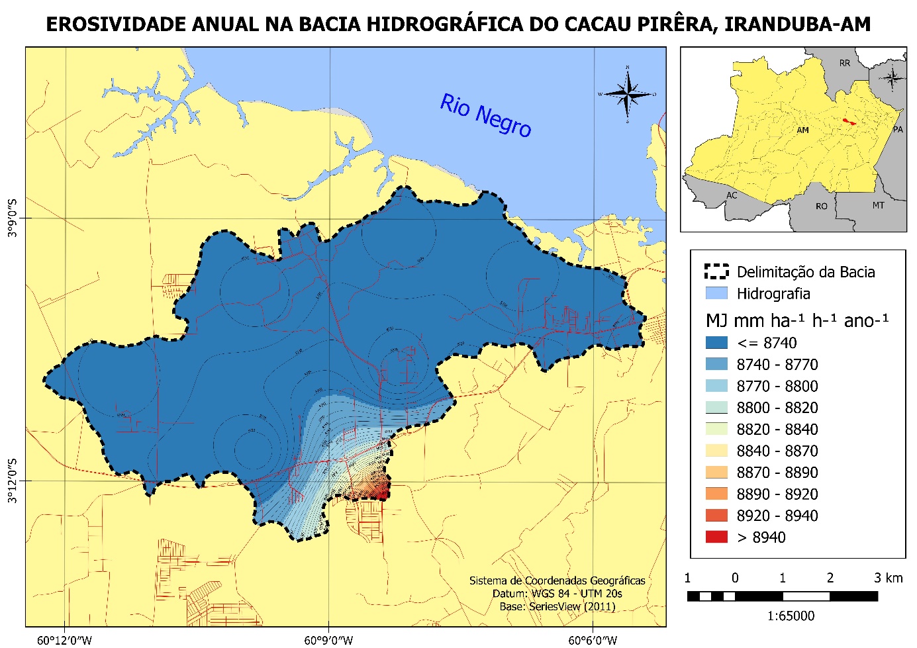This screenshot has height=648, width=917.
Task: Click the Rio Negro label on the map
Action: [485, 115]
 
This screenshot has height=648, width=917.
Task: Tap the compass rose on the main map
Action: [628, 95]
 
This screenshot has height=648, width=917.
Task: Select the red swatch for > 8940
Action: [716, 537]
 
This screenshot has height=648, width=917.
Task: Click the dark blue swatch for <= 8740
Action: [716, 343]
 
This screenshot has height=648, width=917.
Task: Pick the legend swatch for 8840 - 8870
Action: [716, 451]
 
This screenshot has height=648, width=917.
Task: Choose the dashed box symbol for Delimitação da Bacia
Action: [716, 271]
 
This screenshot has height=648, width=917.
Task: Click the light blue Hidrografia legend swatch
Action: [716, 293]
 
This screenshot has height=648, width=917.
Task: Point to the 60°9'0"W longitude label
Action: [328, 640]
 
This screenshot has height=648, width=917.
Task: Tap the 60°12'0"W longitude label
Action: [64, 640]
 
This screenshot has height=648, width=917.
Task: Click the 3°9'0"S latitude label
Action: [13, 218]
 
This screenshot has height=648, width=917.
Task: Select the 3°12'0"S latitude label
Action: [13, 481]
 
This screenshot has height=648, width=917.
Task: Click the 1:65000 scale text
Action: [791, 616]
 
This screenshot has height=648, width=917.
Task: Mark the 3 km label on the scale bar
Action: [888, 578]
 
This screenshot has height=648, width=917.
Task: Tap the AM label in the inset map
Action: [802, 130]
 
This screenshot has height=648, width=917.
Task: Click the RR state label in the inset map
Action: [844, 64]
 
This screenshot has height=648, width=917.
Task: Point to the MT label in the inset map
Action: [878, 206]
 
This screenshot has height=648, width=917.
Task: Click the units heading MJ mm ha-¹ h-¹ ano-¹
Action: [796, 321]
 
